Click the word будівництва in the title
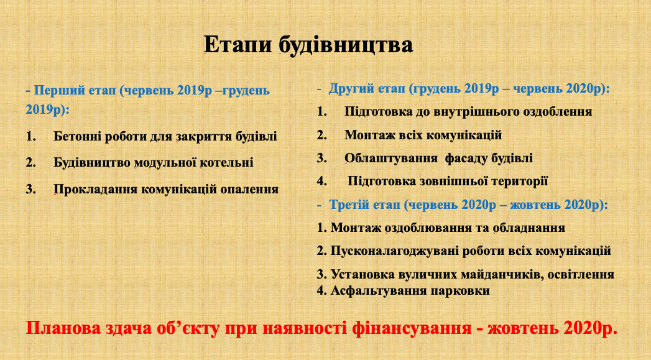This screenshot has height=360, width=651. tap(346, 45)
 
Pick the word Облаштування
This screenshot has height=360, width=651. tap(390, 158)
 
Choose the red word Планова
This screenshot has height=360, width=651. tap(63, 328)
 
